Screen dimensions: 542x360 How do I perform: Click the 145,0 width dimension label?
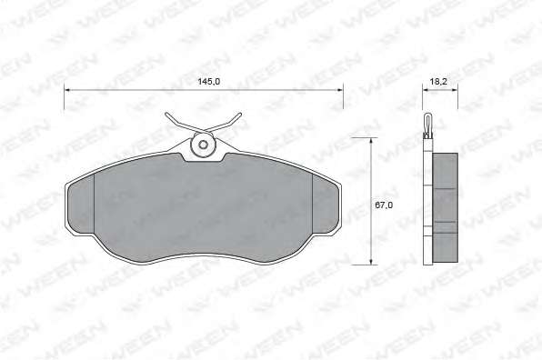[209, 82]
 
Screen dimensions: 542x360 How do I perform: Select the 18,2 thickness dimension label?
[438, 82]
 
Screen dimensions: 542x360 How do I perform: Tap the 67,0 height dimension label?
[384, 205]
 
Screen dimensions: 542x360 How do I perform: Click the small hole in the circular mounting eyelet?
[204, 145]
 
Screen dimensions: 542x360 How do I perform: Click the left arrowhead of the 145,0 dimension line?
[67, 90]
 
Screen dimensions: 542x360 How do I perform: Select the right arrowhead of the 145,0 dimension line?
[340, 90]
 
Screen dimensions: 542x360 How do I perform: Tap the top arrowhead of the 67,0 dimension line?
[371, 141]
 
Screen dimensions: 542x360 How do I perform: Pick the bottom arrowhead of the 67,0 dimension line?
[371, 262]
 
